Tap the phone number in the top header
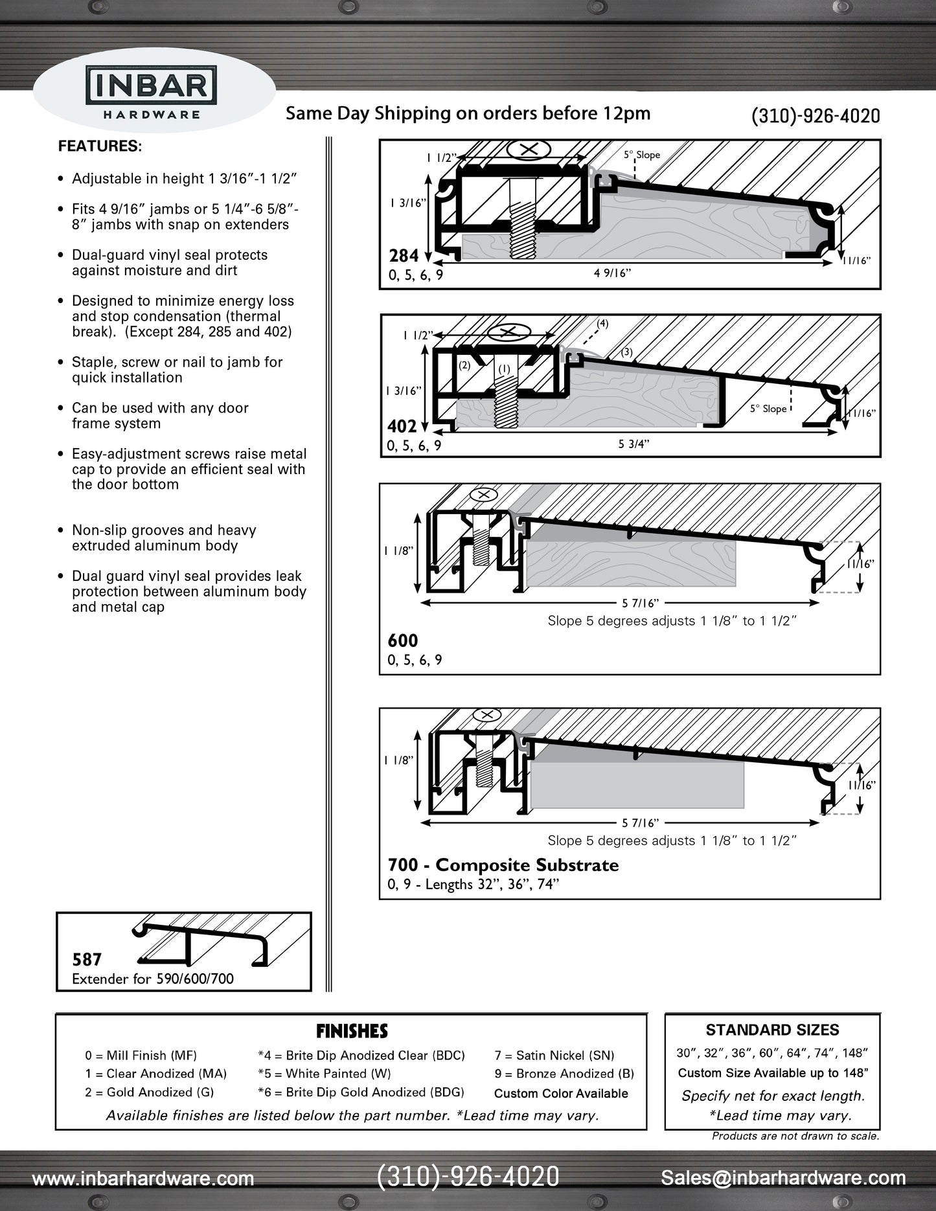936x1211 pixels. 815,116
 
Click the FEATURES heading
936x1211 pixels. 100,146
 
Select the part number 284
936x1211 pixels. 404,256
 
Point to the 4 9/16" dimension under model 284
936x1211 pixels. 612,273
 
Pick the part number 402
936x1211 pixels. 402,426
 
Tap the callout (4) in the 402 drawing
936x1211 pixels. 602,323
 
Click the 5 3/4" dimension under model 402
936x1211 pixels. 634,444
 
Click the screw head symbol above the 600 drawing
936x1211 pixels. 483,495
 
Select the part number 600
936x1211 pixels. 402,640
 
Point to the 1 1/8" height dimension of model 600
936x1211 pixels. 398,550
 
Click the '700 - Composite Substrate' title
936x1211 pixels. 503,865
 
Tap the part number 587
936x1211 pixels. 87,959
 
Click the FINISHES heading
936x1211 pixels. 352,1031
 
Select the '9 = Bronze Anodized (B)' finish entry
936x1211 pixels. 564,1074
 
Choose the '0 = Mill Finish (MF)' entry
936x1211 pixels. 141,1056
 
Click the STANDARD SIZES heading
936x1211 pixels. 772,1030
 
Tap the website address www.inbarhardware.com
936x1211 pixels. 143,1178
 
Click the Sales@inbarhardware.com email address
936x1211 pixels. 782,1177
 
